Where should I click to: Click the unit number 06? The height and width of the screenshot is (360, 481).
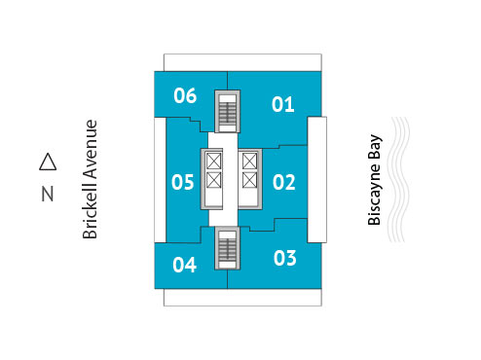click(186, 95)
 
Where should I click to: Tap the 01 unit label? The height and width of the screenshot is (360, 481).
click(283, 104)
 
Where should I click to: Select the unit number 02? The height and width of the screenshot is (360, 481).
click(283, 181)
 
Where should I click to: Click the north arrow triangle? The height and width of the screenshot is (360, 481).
click(47, 161)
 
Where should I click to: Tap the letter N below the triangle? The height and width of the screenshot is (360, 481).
click(47, 194)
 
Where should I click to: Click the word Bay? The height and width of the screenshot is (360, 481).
click(374, 149)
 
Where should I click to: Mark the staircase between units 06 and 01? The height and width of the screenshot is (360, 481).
click(227, 111)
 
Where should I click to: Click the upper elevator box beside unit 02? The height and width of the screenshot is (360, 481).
click(249, 162)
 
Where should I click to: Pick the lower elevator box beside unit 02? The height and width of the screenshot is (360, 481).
click(249, 181)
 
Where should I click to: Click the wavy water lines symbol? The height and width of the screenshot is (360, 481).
click(401, 181)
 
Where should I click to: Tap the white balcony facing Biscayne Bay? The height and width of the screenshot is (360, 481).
click(316, 181)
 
